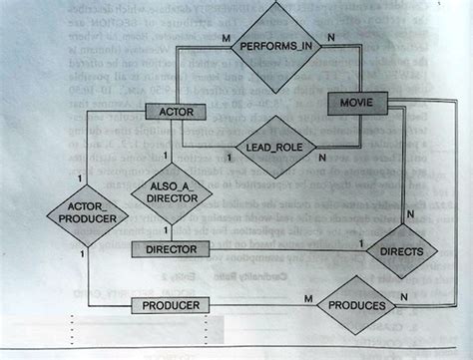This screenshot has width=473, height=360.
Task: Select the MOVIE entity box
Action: (356, 103)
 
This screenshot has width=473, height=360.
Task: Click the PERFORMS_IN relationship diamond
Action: (276, 45)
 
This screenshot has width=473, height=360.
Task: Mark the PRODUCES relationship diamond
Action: (356, 305)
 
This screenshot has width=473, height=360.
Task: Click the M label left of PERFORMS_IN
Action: (229, 37)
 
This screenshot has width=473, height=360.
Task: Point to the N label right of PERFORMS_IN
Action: (330, 37)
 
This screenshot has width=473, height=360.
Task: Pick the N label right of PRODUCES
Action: (402, 297)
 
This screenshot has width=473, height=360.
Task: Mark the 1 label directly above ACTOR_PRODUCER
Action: (78, 177)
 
